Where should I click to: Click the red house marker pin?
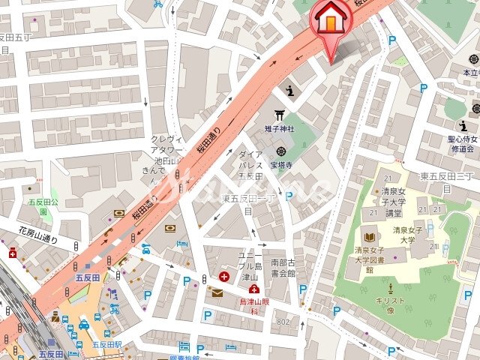pyautogui.click(x=328, y=22)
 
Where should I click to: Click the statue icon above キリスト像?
pyautogui.click(x=390, y=287)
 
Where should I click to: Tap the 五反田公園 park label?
pyautogui.click(x=37, y=206)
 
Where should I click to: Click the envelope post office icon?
pyautogui.click(x=217, y=292)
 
